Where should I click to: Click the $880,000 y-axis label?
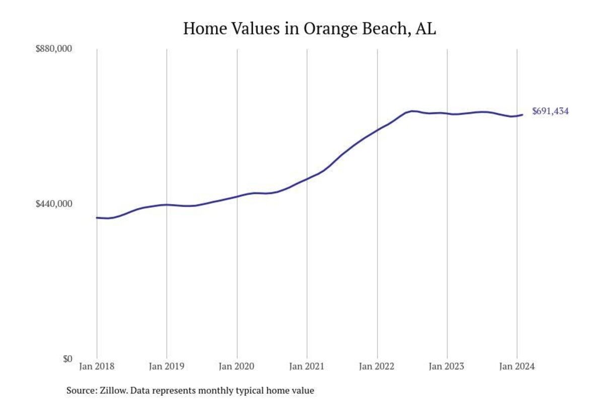(x=53, y=49)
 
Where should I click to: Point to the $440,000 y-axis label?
(x=53, y=204)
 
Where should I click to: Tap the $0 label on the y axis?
(x=67, y=359)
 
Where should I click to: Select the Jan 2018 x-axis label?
(x=97, y=366)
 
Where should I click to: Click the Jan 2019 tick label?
(x=167, y=366)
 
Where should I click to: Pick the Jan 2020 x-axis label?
(x=237, y=366)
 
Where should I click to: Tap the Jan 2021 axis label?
(x=307, y=366)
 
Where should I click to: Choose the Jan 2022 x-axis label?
(x=377, y=366)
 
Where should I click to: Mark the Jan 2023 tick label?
(x=447, y=366)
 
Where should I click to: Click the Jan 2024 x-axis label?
(x=517, y=366)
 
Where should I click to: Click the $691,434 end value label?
(x=550, y=111)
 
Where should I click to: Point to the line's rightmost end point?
(x=522, y=114)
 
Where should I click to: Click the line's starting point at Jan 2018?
(x=97, y=218)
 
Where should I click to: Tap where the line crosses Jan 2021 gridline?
(x=307, y=179)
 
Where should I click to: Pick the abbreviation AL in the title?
(x=425, y=29)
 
